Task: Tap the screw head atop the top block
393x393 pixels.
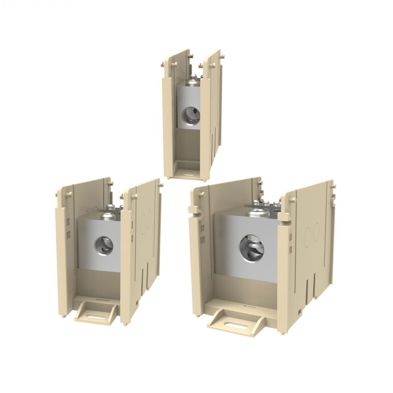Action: click(193, 82)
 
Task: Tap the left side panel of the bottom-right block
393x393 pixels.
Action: click(202, 252)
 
